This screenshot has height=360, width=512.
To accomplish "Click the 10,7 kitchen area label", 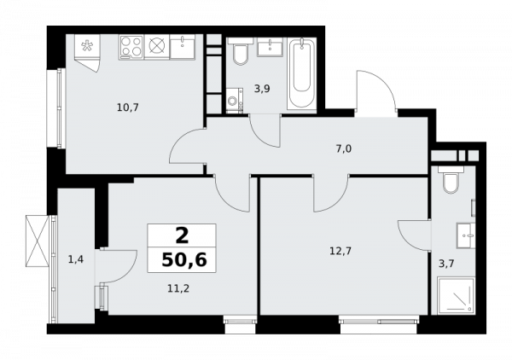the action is coord(128,107).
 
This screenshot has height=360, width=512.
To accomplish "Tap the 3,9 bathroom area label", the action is coord(262,89).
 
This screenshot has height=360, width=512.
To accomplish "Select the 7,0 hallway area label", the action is coord(344,148).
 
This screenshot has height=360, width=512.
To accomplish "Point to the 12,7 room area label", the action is coord(340,251).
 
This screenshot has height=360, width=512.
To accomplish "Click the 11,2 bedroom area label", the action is coord(178,288).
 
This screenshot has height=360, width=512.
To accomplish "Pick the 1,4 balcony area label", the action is coord(76,259).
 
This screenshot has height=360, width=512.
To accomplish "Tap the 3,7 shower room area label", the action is coord(446,264).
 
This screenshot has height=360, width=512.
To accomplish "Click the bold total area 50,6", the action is coord(184,260).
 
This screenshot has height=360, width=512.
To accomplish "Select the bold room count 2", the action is coord(182,235).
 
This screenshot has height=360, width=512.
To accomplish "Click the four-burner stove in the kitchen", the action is coord(131,47).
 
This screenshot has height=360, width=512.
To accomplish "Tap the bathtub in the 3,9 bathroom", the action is coord(302,73).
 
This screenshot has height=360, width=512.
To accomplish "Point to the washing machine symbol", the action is coord(235,101).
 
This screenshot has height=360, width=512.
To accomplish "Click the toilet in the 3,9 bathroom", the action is coord(241,51).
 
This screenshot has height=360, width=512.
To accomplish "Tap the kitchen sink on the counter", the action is coord(183,47).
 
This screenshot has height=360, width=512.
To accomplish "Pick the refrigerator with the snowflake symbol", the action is coord(87,53).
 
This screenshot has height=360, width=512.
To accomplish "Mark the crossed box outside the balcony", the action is coord(38,241).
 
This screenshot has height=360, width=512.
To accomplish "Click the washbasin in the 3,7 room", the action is coord(466,235).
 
